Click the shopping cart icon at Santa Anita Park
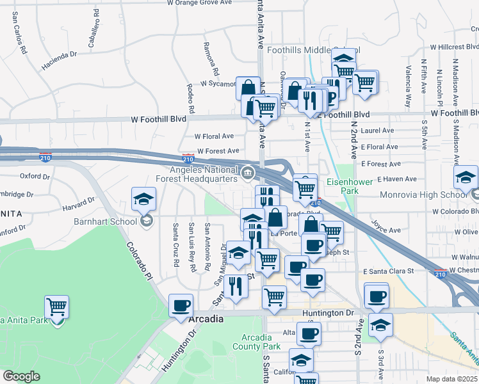click(57, 307)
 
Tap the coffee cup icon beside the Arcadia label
click(181, 305)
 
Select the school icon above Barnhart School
click(143, 198)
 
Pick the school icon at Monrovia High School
click(466, 177)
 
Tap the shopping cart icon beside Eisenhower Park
click(305, 188)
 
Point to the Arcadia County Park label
click(261, 342)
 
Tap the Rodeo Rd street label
click(190, 95)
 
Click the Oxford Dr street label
click(35, 175)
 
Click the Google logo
click(21, 376)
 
